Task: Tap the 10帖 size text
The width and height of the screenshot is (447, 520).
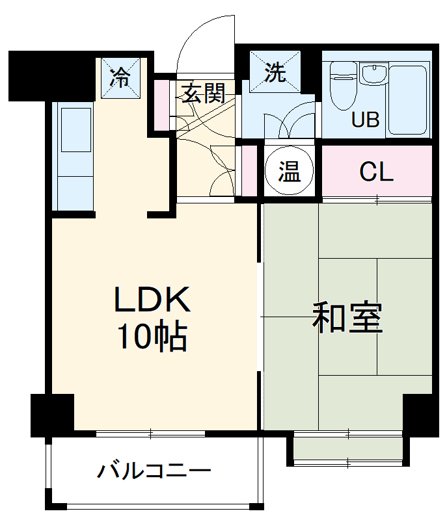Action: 152,336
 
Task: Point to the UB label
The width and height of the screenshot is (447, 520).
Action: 365,120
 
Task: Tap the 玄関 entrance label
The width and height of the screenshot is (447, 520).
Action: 202,94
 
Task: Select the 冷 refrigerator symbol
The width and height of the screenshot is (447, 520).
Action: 120,78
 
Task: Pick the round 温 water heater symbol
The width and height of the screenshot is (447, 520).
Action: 289,172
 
